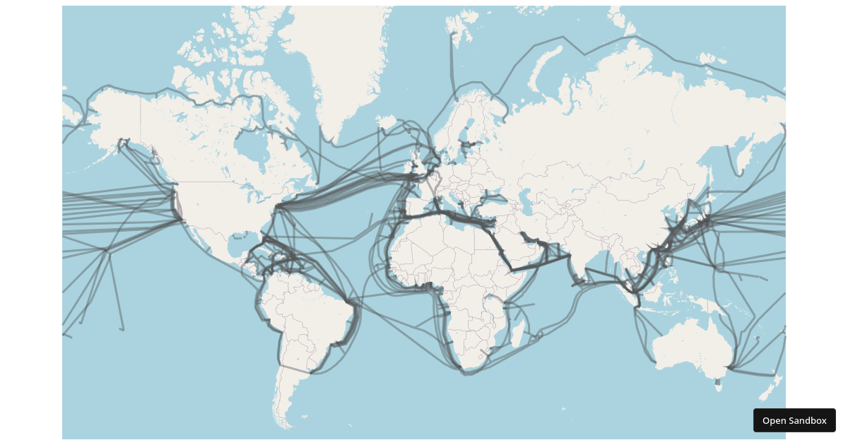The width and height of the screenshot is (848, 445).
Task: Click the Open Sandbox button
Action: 794,420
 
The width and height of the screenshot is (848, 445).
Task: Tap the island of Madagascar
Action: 519,331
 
